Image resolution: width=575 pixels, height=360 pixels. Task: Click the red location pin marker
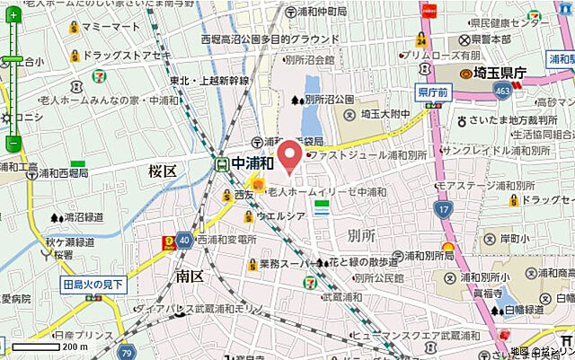(x=289, y=156)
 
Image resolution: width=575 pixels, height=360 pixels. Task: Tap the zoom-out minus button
(x=13, y=143)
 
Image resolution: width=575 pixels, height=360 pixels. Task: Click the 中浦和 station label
(x=252, y=163)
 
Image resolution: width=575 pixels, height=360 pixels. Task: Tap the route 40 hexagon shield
(x=183, y=240)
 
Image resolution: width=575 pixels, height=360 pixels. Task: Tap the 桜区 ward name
(x=165, y=168)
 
